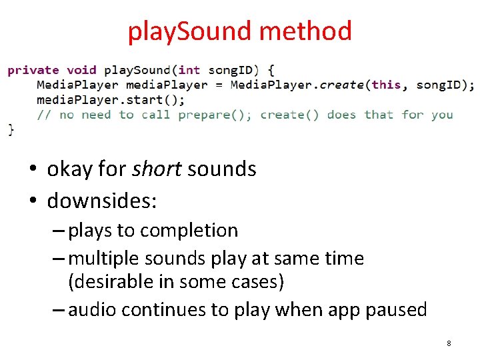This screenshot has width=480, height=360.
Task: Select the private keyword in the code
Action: (33, 70)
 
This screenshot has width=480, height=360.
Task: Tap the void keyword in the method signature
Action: (81, 70)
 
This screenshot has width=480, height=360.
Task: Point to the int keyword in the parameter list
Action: (189, 70)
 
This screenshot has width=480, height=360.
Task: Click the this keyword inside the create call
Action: (387, 85)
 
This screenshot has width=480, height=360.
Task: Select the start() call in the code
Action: (161, 99)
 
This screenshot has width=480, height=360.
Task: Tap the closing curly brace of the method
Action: (11, 129)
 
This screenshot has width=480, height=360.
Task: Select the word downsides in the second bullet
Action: (100, 200)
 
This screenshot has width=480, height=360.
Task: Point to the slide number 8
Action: (449, 343)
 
